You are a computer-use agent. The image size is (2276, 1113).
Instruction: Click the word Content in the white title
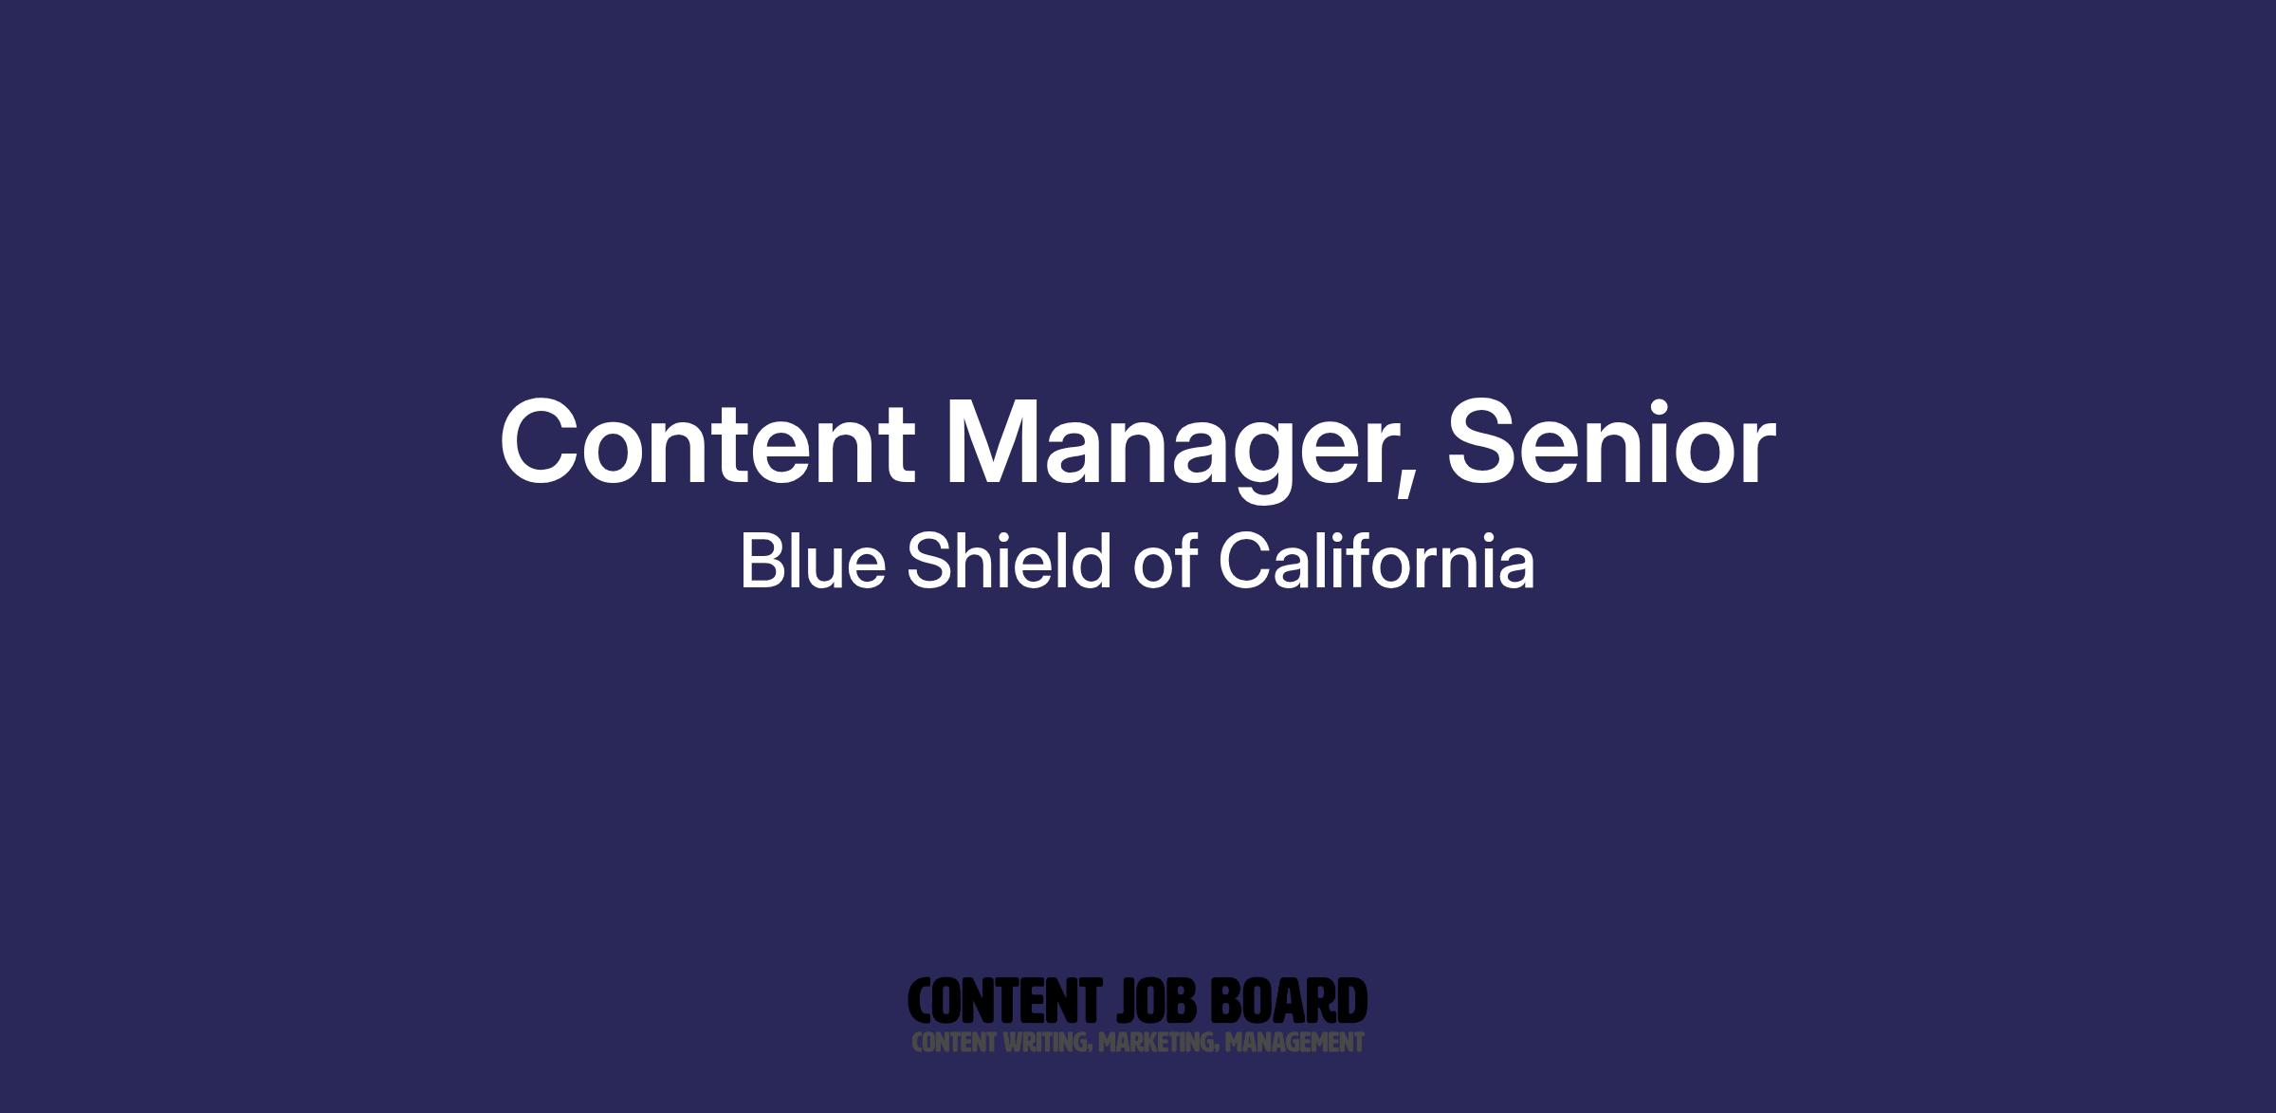pos(707,442)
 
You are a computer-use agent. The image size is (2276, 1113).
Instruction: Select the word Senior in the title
pos(1610,441)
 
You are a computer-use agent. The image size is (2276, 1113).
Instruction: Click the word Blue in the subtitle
pos(813,561)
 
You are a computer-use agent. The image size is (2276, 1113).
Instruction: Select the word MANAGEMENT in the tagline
pos(1294,1043)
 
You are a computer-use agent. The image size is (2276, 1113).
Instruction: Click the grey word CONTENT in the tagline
pos(954,1043)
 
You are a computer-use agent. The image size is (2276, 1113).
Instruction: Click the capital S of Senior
pos(1483,441)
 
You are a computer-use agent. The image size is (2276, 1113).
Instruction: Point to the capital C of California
pos(1244,561)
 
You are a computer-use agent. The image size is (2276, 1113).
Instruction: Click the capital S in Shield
pos(929,561)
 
